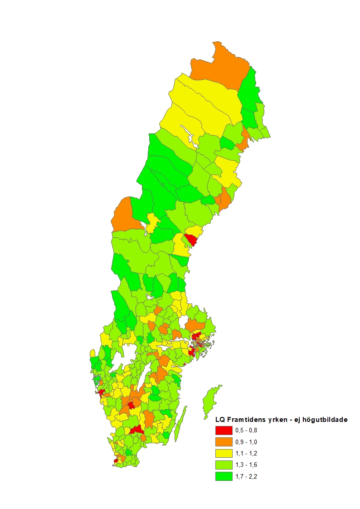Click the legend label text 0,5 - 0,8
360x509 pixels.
point(247,431)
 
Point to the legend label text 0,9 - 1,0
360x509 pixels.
point(247,442)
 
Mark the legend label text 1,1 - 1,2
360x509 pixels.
point(247,453)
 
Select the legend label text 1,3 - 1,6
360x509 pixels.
point(247,465)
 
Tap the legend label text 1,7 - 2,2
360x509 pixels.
point(247,476)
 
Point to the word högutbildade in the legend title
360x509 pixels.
point(326,420)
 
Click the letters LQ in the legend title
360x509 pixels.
point(220,420)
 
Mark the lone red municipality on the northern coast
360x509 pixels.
point(191,239)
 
